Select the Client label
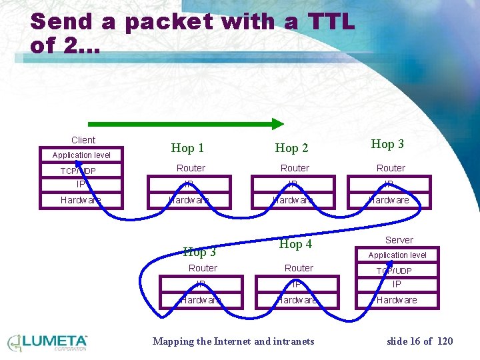[83, 140]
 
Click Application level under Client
[81, 155]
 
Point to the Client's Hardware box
[81, 200]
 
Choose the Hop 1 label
[187, 148]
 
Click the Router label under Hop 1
[191, 168]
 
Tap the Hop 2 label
[291, 148]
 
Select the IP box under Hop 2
[295, 184]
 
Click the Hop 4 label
[295, 244]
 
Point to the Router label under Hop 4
[299, 268]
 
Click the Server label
[399, 240]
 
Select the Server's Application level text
[397, 255]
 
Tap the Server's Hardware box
[397, 300]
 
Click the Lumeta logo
[47, 343]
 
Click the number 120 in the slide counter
[445, 341]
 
